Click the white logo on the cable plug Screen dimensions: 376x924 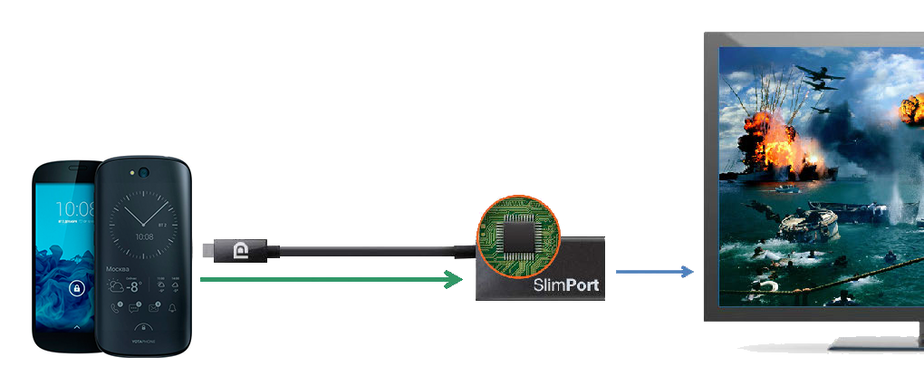pyautogui.click(x=241, y=249)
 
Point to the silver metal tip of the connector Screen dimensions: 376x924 pyautogui.click(x=207, y=249)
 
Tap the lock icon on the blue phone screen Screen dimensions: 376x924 pyautogui.click(x=76, y=290)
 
